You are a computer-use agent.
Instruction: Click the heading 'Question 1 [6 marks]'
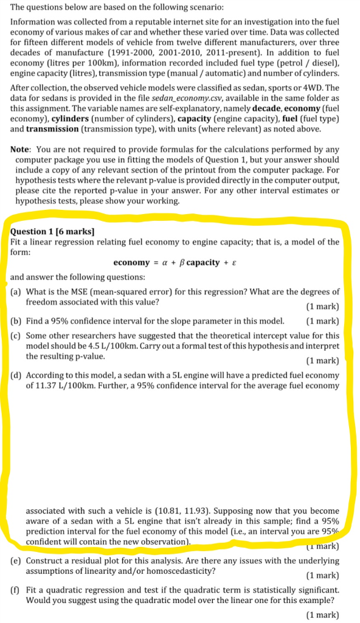52,232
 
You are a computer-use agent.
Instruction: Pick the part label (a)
18,292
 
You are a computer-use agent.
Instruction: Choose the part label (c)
18,336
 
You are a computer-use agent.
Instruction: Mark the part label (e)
18,560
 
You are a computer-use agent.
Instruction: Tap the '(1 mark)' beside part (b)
322,321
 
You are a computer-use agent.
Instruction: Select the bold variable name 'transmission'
52,129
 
